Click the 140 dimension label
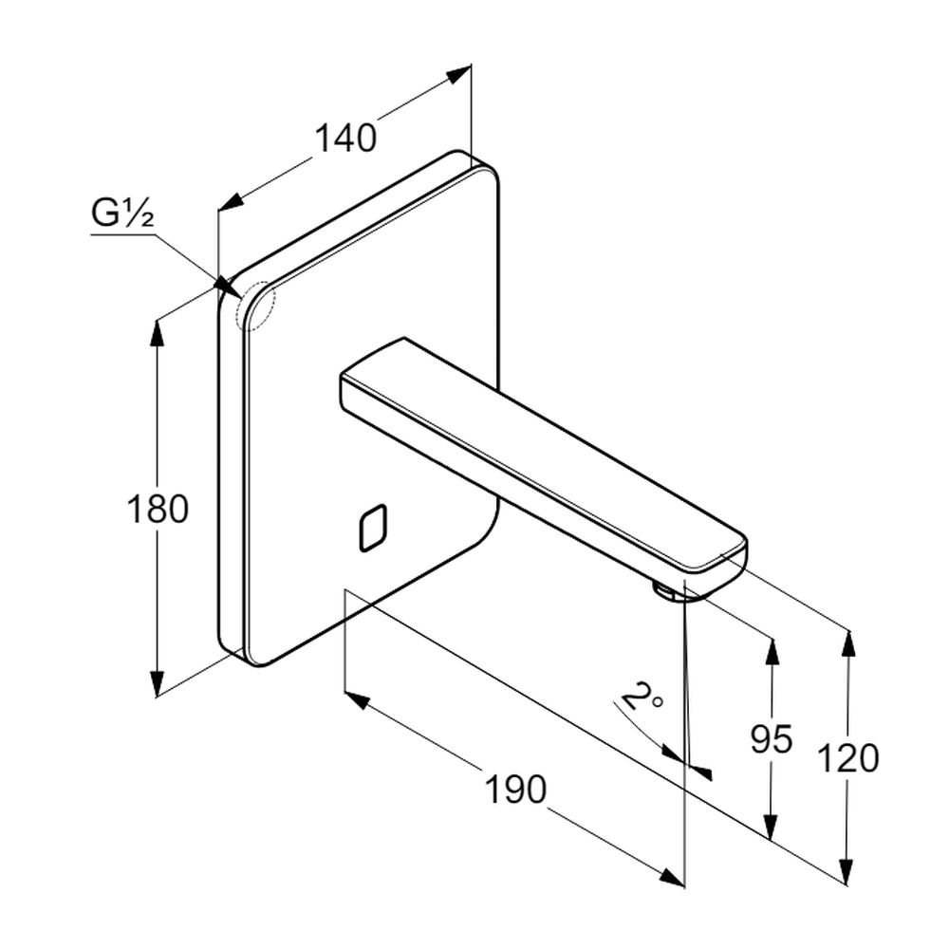click(345, 139)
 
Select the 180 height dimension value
click(158, 510)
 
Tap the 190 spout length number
click(516, 789)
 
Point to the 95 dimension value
click(771, 738)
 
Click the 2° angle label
click(642, 700)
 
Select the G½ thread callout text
click(122, 215)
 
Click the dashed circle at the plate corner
click(254, 306)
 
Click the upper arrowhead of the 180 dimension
click(158, 332)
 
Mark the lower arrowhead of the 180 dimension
click(158, 685)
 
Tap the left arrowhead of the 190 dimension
click(356, 700)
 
